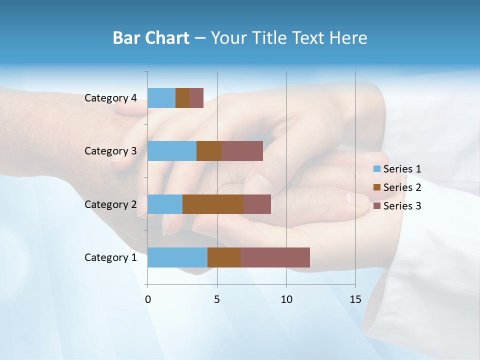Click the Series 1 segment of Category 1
177,257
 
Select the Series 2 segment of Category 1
224,257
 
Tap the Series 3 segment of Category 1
275,257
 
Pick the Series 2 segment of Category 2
213,204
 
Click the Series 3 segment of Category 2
257,204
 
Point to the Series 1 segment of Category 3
172,151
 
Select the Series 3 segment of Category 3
242,151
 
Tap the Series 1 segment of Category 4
161,98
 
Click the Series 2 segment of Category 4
182,98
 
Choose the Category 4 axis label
110,98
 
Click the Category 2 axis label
110,204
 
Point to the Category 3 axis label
110,151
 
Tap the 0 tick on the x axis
148,299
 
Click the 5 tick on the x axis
217,299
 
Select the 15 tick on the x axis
355,299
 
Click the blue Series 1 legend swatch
377,169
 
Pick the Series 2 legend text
402,187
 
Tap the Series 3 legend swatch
377,206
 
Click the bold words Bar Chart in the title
151,38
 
